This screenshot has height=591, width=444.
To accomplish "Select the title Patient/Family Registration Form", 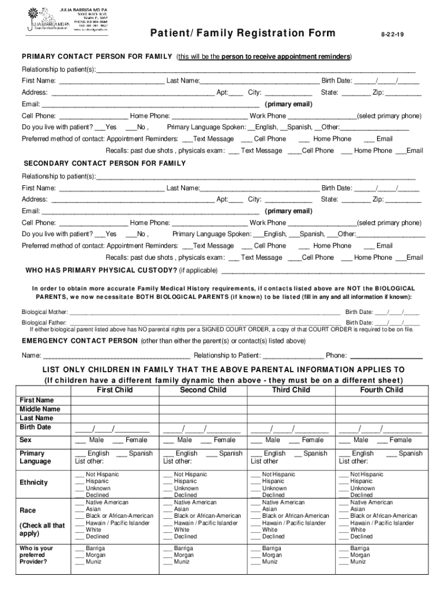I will coord(243,33).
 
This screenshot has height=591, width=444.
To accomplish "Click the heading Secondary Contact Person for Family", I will coord(104,163).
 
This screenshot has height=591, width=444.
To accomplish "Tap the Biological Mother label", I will coord(44,312).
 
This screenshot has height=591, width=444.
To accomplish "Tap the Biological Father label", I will coord(44,323).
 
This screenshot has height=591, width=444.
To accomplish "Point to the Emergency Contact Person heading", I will coord(80,341).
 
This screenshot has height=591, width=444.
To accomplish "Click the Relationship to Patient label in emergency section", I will coord(227,356).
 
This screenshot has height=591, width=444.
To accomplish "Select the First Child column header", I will coord(115,390).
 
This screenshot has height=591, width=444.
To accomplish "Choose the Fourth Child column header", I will coord(381,390).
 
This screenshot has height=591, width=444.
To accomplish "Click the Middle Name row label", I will coord(40,409).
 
